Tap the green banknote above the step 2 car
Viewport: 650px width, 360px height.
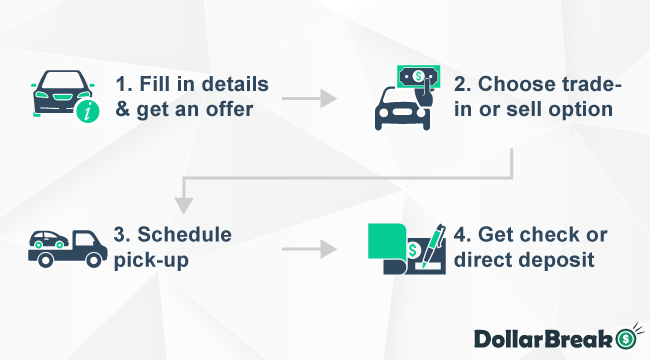pyautogui.click(x=420, y=76)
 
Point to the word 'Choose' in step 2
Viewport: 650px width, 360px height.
pyautogui.click(x=531, y=83)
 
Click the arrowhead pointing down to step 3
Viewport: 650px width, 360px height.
pyautogui.click(x=182, y=206)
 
